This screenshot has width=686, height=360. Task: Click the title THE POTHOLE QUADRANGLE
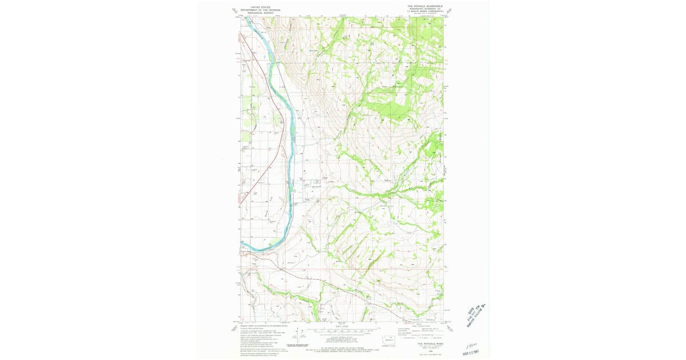point(425,6)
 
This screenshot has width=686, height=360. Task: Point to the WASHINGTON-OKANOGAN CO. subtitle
point(425,9)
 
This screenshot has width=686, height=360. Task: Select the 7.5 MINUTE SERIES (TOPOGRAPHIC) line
point(425,12)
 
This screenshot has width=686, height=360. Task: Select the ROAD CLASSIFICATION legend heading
point(423,327)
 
